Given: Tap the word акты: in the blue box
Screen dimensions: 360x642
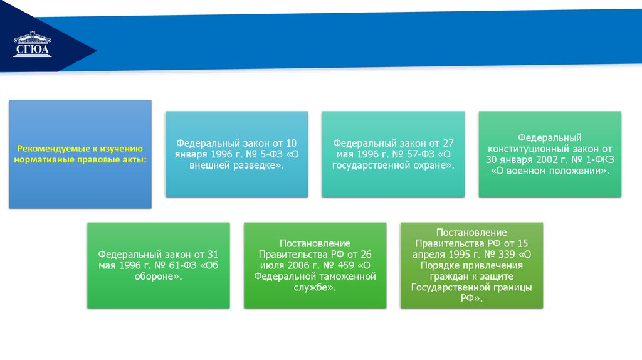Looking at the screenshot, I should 134,160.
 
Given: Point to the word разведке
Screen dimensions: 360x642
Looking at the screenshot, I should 255,165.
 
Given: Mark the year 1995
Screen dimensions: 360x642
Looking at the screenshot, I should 455,255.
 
